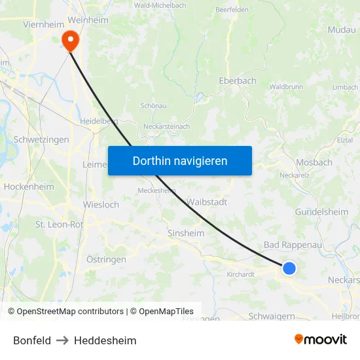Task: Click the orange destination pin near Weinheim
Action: [x=69, y=41]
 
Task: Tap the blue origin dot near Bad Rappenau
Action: [x=289, y=268]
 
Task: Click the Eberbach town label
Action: [x=237, y=81]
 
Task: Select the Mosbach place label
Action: [x=314, y=162]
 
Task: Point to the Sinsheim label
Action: [x=186, y=233]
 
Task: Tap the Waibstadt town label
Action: [x=207, y=202]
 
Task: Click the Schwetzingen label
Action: [x=41, y=139]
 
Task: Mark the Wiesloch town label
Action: [x=101, y=205]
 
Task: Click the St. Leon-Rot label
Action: [x=59, y=225]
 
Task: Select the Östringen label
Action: [x=106, y=260]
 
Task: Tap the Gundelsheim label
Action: [x=321, y=212]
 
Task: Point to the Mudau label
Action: [x=342, y=29]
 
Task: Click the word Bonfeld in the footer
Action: [x=32, y=340]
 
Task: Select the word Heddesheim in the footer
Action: [x=105, y=340]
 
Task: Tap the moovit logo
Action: [x=321, y=339]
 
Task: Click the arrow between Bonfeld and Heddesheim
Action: [x=62, y=340]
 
